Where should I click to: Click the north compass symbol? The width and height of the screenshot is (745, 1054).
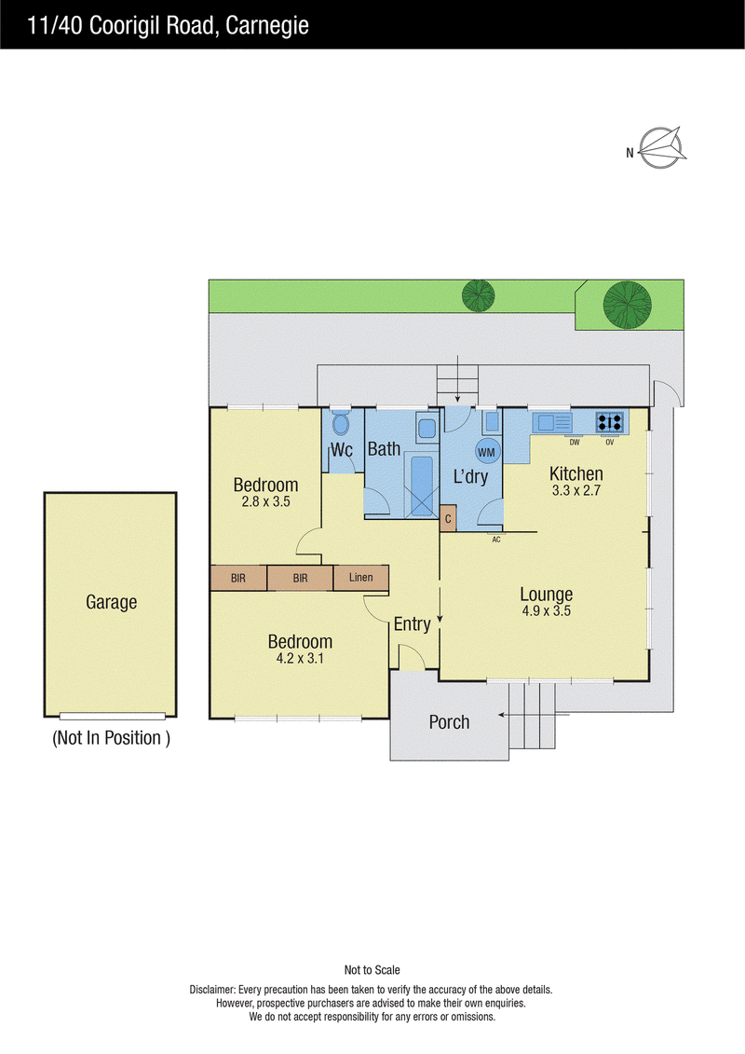coord(661,147)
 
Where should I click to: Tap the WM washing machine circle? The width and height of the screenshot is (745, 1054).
coord(486,452)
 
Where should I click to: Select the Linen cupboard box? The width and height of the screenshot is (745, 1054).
coord(360,578)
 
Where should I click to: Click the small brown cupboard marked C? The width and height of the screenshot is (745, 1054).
coord(448,519)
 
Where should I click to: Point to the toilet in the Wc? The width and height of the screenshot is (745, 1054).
coord(341,423)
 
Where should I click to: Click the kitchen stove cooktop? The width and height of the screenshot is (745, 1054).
coord(610,422)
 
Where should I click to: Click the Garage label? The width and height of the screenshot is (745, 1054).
coord(112,602)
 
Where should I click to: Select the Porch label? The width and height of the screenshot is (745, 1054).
coord(450,722)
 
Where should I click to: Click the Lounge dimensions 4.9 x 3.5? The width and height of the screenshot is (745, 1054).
coord(546,611)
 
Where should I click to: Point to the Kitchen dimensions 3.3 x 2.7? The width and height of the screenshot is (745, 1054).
coord(576,491)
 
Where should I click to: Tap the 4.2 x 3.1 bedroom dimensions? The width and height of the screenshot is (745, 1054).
coord(300,659)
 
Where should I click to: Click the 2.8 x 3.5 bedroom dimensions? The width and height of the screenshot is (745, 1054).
coord(266,501)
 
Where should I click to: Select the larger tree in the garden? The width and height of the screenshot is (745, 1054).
coord(627,305)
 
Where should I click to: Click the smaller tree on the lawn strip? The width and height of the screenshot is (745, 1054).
coord(479,295)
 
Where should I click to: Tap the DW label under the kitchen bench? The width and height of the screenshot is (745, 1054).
coord(575,443)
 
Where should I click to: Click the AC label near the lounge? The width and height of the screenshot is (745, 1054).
coord(496,539)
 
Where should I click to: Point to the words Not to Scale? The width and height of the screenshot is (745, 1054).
coord(372,970)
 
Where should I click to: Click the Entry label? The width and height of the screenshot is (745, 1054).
coord(412,624)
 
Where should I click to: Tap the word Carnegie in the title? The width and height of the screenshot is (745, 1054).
coord(267,25)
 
